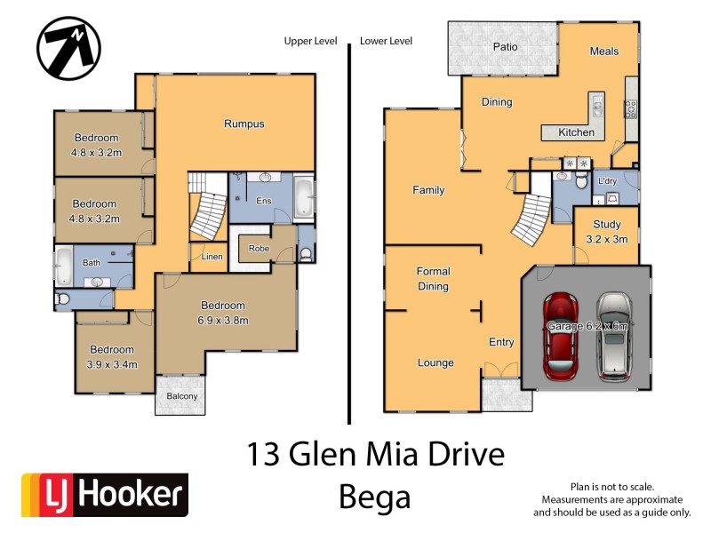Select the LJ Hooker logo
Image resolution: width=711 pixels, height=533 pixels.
tap(105, 495)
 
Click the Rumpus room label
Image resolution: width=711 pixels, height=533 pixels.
tap(244, 123)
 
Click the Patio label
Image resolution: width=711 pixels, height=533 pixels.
tap(505, 46)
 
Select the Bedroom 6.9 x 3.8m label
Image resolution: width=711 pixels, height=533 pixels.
tap(223, 313)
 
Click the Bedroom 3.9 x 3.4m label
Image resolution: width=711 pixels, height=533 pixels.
tap(112, 356)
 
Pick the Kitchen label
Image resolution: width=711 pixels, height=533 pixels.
tap(576, 132)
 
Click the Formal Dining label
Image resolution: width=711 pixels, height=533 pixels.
tap(434, 279)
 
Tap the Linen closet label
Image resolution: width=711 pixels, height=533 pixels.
tap(212, 257)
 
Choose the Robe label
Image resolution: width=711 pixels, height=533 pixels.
tap(259, 249)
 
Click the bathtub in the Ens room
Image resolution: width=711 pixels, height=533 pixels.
tap(303, 196)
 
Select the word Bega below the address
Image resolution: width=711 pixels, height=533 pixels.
tap(375, 497)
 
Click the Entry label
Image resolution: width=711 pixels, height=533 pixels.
tap(501, 341)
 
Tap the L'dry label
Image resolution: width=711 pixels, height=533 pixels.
tap(608, 181)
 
